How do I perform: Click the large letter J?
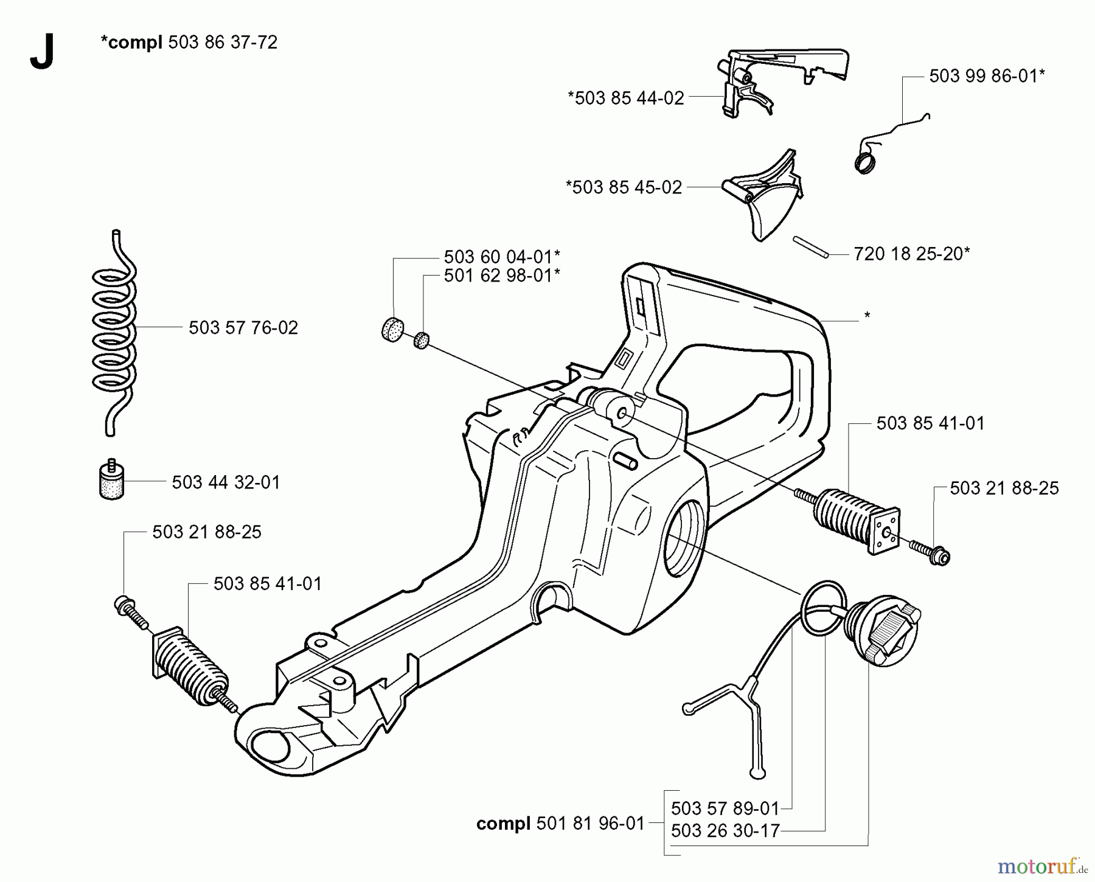point(41,52)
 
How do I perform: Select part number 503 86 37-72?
point(223,42)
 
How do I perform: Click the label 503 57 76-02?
point(243,328)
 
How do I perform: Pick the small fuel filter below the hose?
point(111,481)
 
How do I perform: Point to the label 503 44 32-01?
point(226,482)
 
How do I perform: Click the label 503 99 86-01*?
point(987,76)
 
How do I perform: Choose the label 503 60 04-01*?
point(502,256)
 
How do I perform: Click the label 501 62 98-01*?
point(502,276)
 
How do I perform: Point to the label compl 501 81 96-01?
point(560,824)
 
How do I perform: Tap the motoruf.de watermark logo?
point(1042,865)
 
